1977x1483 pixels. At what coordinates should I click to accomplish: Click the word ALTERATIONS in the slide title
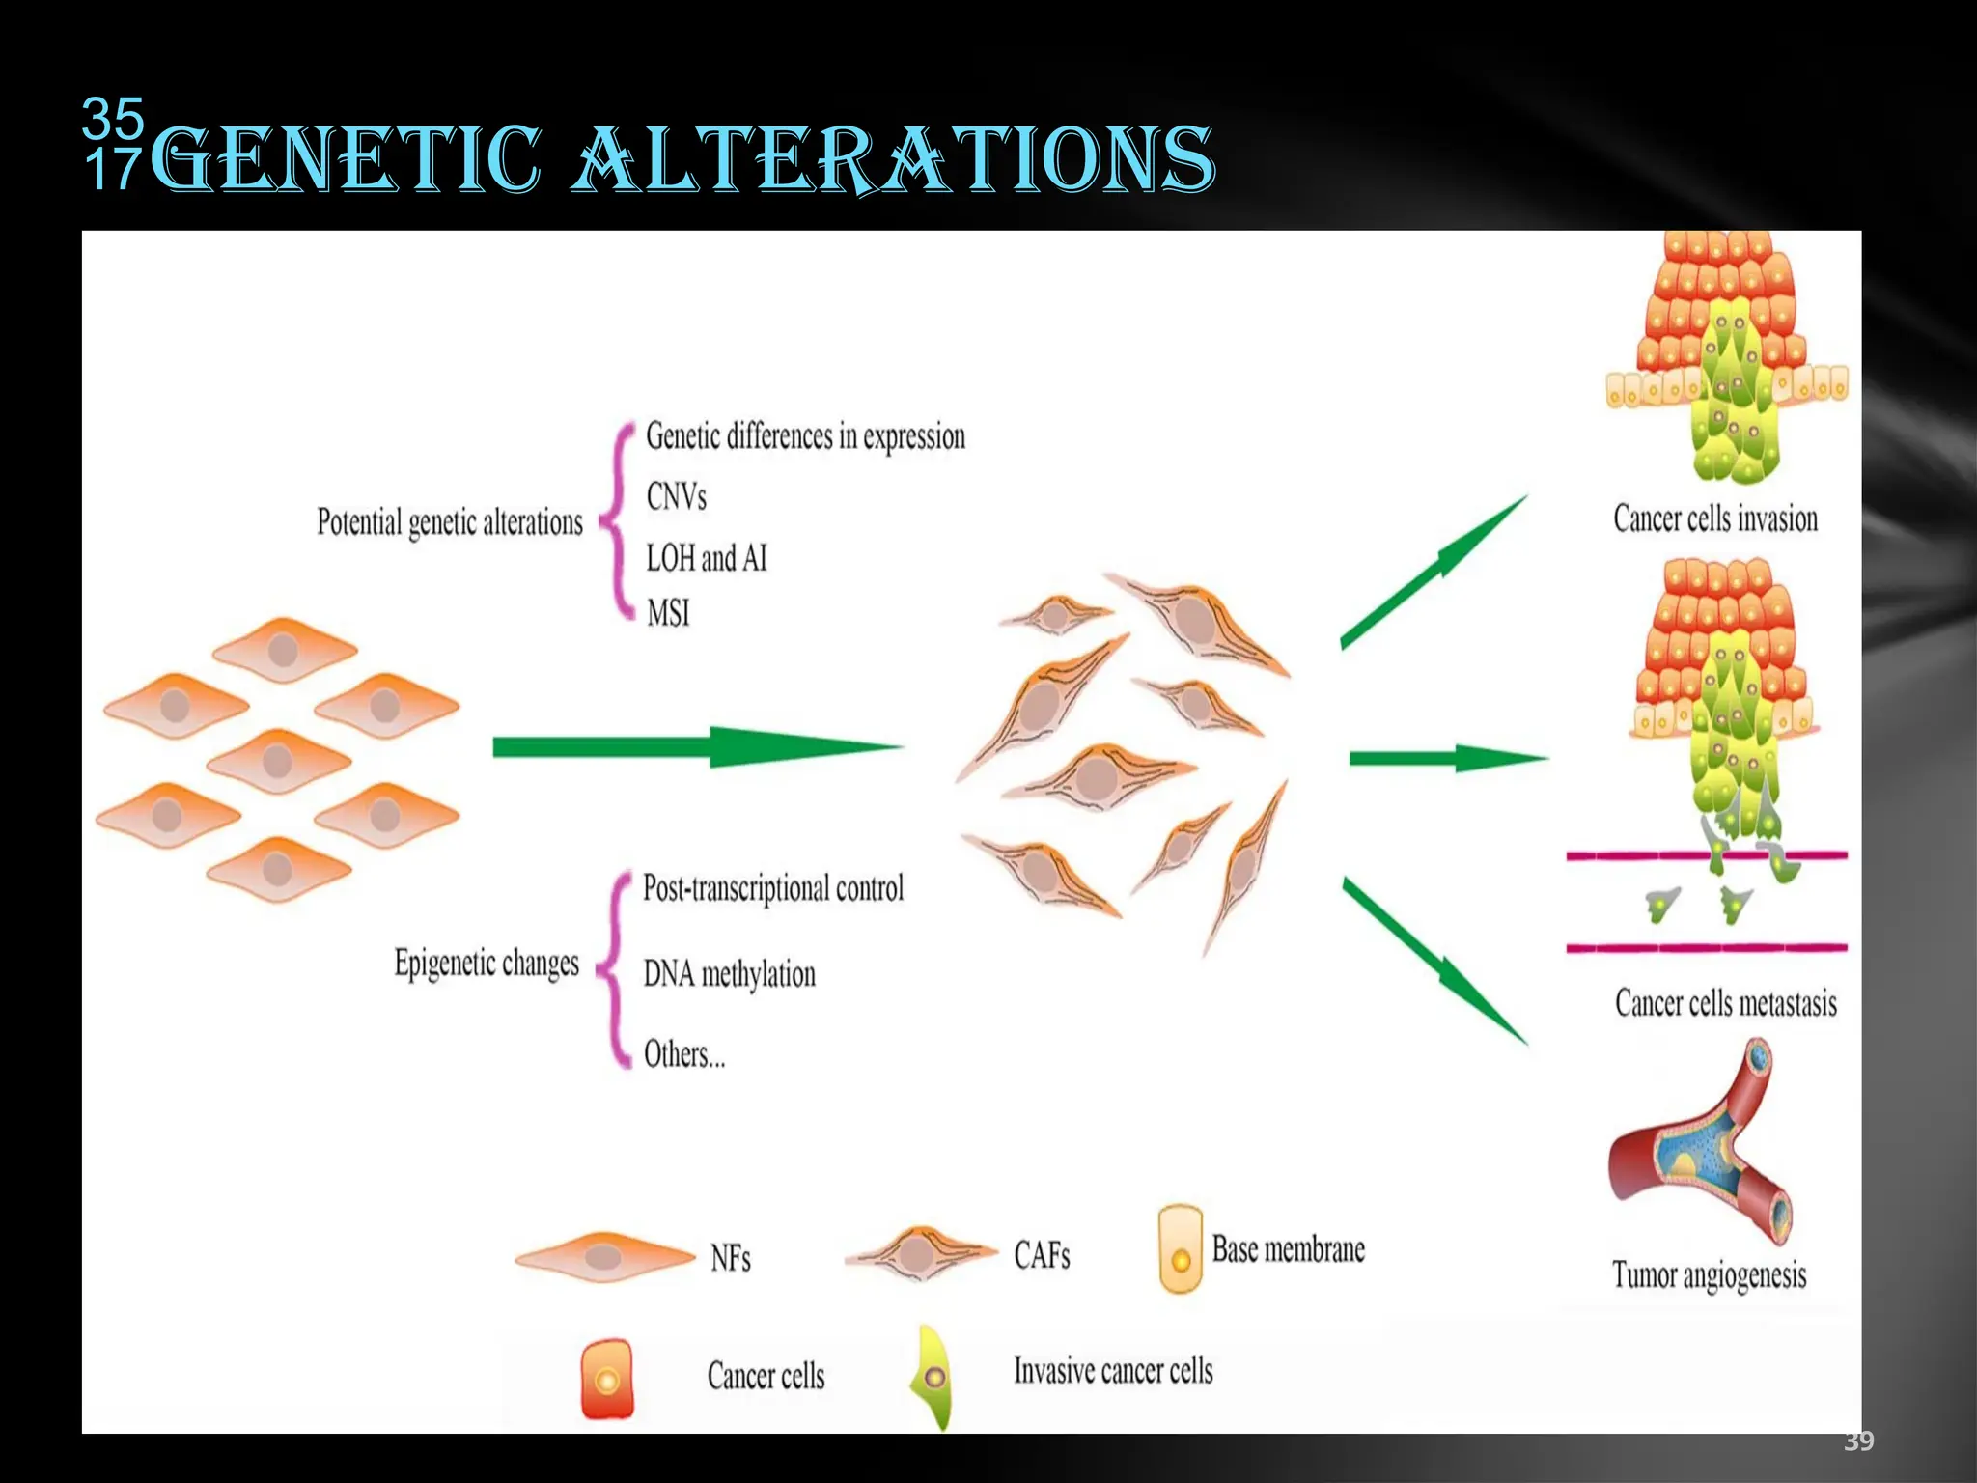click(893, 159)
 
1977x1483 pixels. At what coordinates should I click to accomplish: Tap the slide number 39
click(1858, 1441)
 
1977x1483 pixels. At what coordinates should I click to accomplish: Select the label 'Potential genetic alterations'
click(450, 522)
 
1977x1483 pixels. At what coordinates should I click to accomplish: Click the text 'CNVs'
click(676, 497)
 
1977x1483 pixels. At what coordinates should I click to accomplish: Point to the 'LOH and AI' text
click(706, 558)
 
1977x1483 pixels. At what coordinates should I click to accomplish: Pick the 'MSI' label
click(668, 613)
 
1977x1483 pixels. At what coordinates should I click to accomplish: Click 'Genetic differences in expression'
click(805, 436)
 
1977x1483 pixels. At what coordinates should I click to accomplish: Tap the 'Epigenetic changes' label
click(487, 964)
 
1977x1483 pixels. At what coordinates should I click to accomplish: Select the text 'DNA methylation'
click(729, 974)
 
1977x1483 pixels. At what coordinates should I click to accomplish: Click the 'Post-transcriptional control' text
click(773, 888)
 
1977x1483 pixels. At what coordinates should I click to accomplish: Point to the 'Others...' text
click(683, 1054)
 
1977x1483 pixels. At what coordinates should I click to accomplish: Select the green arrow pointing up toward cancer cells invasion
click(1434, 572)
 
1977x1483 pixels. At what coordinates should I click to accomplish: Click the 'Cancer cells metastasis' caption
click(1725, 1003)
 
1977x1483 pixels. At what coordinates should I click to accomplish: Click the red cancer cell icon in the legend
click(607, 1379)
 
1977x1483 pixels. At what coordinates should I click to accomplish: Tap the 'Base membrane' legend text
click(1288, 1249)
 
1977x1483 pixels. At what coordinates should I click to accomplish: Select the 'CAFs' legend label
click(1042, 1255)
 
